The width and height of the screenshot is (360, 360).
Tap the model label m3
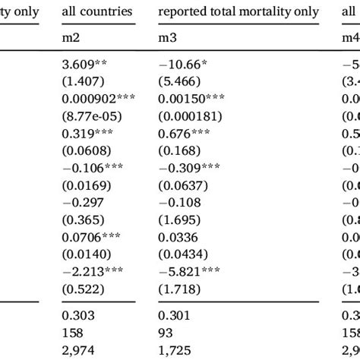[166, 38]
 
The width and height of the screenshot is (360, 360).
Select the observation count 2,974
[80, 324]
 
